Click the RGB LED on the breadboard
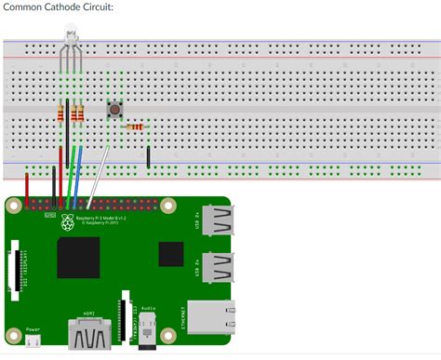click(71, 42)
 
